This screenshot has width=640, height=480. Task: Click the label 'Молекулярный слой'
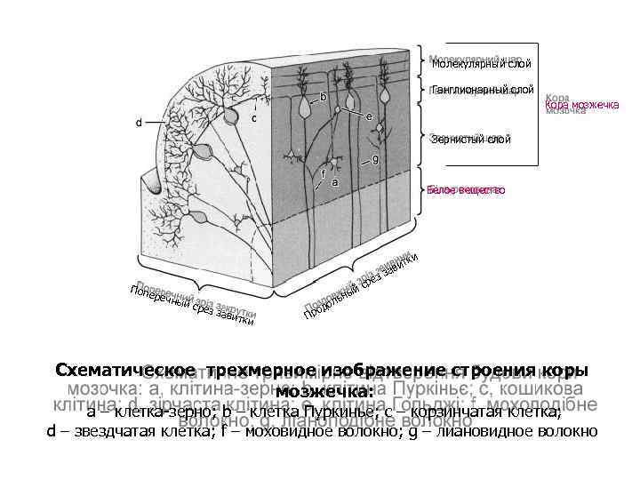pos(481,63)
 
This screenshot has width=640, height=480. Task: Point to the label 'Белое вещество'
pos(466,190)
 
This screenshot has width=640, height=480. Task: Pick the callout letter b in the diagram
pos(323,95)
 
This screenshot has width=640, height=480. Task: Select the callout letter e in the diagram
pos(368,116)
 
